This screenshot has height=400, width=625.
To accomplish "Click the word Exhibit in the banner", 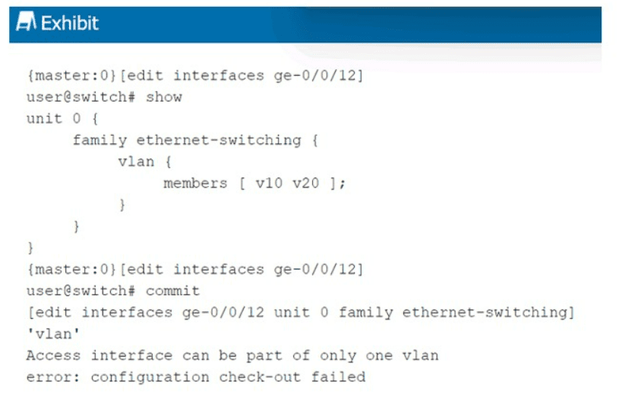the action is coord(70,23).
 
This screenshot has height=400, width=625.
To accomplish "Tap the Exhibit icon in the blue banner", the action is coord(26,21).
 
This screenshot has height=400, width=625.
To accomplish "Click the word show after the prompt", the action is coord(164,97).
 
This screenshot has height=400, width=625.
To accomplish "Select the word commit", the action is coord(172,291).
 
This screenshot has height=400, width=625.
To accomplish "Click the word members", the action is coord(195,183).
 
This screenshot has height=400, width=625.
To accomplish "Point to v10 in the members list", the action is coord(269,183).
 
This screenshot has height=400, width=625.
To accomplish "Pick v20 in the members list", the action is coord(306,183).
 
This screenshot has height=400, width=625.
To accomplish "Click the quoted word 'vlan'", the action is coord(53,334).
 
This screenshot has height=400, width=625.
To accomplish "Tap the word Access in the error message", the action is coord(53,355).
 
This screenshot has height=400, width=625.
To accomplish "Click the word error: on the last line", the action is coord(53,377).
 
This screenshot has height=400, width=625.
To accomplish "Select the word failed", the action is coord(339,377).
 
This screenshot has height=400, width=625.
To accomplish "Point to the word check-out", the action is coord(260,377).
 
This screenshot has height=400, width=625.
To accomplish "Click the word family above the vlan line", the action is coord(99,140).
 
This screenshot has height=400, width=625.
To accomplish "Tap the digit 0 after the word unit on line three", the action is coord(77,118).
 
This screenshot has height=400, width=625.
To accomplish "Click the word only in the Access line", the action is coord(338,356).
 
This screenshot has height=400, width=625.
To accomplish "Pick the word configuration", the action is coord(150,377).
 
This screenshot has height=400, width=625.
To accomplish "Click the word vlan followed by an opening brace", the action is coord(136,162).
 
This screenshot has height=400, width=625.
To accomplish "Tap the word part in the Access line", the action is coord(264,356).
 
